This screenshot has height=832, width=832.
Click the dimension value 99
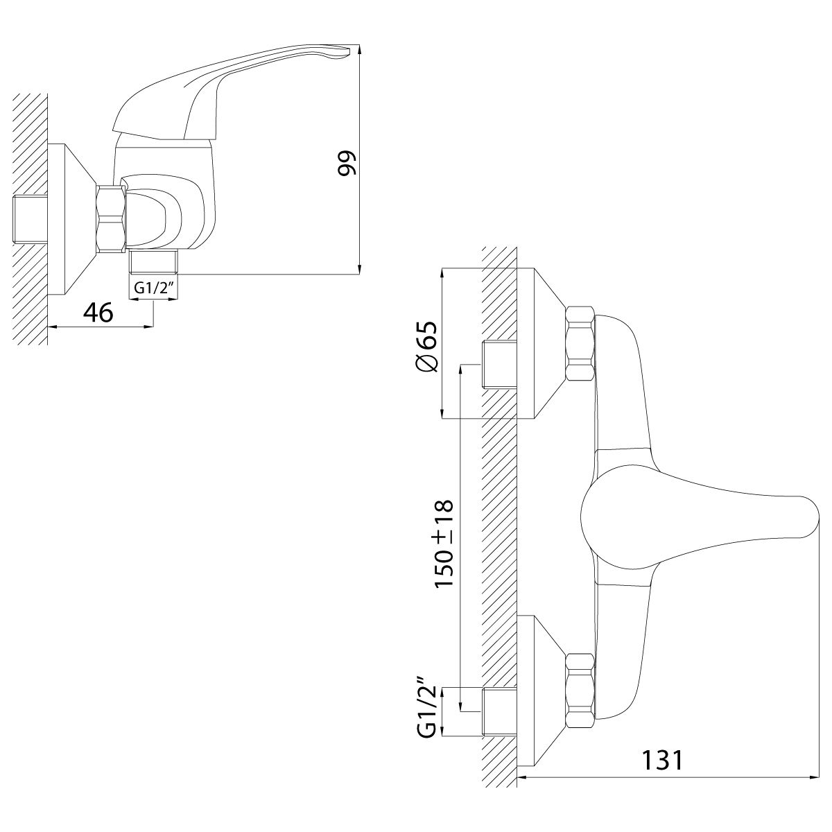[x=347, y=163]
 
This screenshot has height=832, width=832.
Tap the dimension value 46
[x=98, y=312]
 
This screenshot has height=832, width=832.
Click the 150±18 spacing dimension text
[x=444, y=543]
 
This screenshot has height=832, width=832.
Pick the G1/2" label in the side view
[x=153, y=288]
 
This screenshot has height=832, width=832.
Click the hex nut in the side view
[x=111, y=218]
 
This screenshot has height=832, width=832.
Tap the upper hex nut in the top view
[x=580, y=343]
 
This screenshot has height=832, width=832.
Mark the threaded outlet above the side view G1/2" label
[x=154, y=261]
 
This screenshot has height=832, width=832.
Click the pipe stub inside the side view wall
[x=31, y=218]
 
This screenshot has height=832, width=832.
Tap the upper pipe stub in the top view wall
[x=499, y=363]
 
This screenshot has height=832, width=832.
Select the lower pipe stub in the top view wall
[x=499, y=713]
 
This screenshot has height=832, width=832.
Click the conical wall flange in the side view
[x=71, y=218]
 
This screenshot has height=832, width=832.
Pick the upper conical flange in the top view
[x=541, y=343]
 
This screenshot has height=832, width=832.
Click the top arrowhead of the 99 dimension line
[x=360, y=48]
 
